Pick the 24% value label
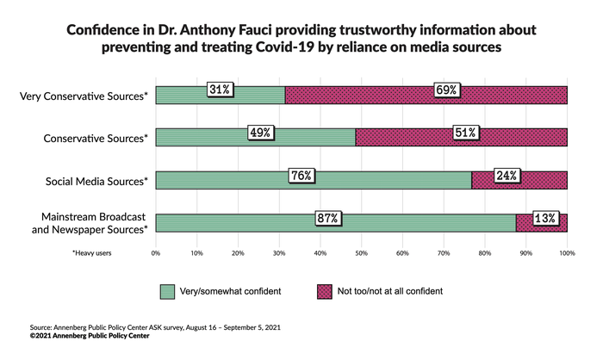pos(507,176)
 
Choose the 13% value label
pos(544,219)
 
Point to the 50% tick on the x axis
pos(362,254)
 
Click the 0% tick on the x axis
pos(156,254)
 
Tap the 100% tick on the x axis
pos(567,254)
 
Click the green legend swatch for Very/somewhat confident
pos(167,291)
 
